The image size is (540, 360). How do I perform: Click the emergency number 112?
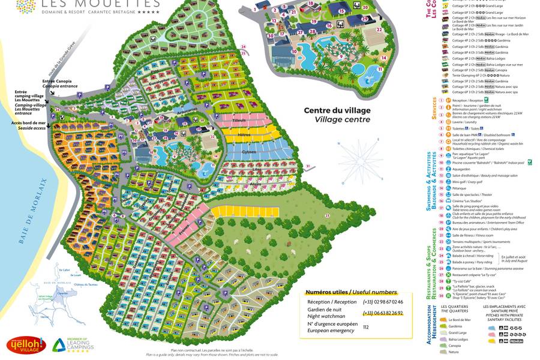tap(365, 327)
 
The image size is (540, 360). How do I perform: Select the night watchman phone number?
tap(382, 313)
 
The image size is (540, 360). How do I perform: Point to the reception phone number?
tap(382, 302)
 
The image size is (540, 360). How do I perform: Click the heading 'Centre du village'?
tap(337, 110)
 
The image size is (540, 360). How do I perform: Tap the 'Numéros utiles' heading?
tap(343, 292)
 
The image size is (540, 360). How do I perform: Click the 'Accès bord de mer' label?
tap(28, 122)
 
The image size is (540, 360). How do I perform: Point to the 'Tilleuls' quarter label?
tap(240, 121)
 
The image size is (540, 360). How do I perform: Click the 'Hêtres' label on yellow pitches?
tap(244, 135)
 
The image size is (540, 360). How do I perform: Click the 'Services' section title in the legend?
tap(434, 109)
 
